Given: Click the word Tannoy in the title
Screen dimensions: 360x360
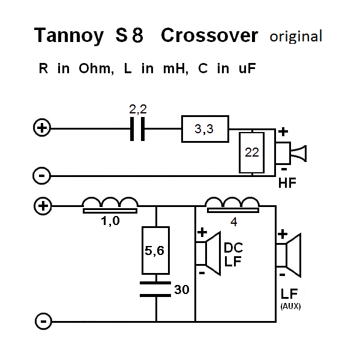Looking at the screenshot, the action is [x=68, y=35].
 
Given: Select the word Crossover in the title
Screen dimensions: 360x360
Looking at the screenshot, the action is [x=209, y=35].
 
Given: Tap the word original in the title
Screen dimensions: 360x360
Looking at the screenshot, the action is [x=296, y=37].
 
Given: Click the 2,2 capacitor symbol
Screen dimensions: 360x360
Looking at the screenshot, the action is [x=137, y=129].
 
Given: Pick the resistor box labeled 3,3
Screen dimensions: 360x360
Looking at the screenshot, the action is [x=205, y=129].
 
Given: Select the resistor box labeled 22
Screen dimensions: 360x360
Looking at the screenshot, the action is [x=251, y=152].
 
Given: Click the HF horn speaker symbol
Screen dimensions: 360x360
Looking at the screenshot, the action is [x=290, y=153].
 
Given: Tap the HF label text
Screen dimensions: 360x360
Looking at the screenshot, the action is [x=287, y=183].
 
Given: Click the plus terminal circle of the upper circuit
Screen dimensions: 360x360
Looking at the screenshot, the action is [x=42, y=128].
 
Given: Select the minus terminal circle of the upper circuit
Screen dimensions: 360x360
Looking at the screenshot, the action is [x=41, y=176].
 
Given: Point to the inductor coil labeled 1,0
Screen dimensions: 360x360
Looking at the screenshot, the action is [x=110, y=205].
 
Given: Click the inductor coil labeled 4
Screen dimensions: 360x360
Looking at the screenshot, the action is [x=232, y=205].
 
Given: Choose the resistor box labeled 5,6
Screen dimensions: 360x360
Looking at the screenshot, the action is [x=155, y=250].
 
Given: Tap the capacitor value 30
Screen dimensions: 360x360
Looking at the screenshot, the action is [x=182, y=290].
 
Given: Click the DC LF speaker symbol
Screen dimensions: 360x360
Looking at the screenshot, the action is [x=208, y=253].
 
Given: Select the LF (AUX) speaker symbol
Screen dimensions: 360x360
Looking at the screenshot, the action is [x=289, y=256].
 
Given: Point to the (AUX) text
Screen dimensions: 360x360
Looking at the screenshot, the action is [x=290, y=306].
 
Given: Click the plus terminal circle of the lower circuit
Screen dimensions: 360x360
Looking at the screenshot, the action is [x=43, y=206].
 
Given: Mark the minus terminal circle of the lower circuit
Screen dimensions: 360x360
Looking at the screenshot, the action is [x=43, y=321].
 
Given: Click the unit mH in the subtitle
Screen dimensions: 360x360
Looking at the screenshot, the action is [x=176, y=68].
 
